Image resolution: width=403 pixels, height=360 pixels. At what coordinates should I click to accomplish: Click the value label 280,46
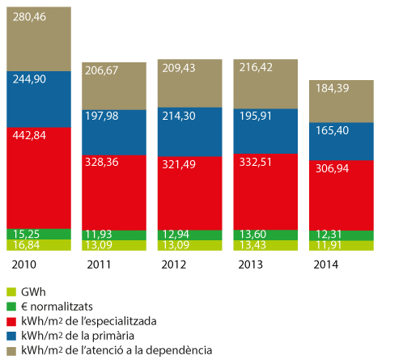(x=29, y=17)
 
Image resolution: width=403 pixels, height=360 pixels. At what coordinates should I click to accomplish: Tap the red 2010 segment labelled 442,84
(x=39, y=178)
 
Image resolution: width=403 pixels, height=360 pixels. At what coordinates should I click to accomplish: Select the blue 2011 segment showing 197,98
(x=114, y=133)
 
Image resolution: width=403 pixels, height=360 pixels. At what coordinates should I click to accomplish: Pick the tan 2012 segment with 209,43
(x=190, y=83)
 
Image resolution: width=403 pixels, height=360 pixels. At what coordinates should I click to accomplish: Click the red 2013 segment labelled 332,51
(x=265, y=192)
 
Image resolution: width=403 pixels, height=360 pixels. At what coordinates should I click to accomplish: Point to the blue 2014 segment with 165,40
(x=341, y=142)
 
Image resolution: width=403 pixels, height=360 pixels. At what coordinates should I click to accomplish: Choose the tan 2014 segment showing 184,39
(x=341, y=101)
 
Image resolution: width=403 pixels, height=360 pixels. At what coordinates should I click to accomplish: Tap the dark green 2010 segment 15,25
(x=39, y=234)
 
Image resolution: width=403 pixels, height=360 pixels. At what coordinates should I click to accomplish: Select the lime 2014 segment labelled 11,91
(x=341, y=245)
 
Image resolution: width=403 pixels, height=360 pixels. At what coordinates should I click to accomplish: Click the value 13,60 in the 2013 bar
(x=252, y=234)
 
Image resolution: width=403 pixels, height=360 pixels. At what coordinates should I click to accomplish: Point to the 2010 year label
(x=24, y=265)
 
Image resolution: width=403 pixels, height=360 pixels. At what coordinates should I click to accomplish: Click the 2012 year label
(x=174, y=265)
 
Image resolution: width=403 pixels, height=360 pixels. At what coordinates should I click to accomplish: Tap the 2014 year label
(x=326, y=265)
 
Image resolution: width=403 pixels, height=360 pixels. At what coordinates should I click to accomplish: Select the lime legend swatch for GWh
(x=11, y=292)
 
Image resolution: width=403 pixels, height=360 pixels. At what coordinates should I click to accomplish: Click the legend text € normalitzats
(x=57, y=307)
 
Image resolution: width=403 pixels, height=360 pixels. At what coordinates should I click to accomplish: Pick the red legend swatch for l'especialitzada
(x=11, y=321)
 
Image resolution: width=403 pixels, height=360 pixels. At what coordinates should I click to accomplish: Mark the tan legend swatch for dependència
(x=11, y=351)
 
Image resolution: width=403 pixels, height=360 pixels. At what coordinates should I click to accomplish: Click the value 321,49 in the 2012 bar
(x=179, y=164)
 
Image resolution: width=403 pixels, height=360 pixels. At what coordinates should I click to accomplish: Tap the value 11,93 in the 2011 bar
(x=99, y=234)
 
